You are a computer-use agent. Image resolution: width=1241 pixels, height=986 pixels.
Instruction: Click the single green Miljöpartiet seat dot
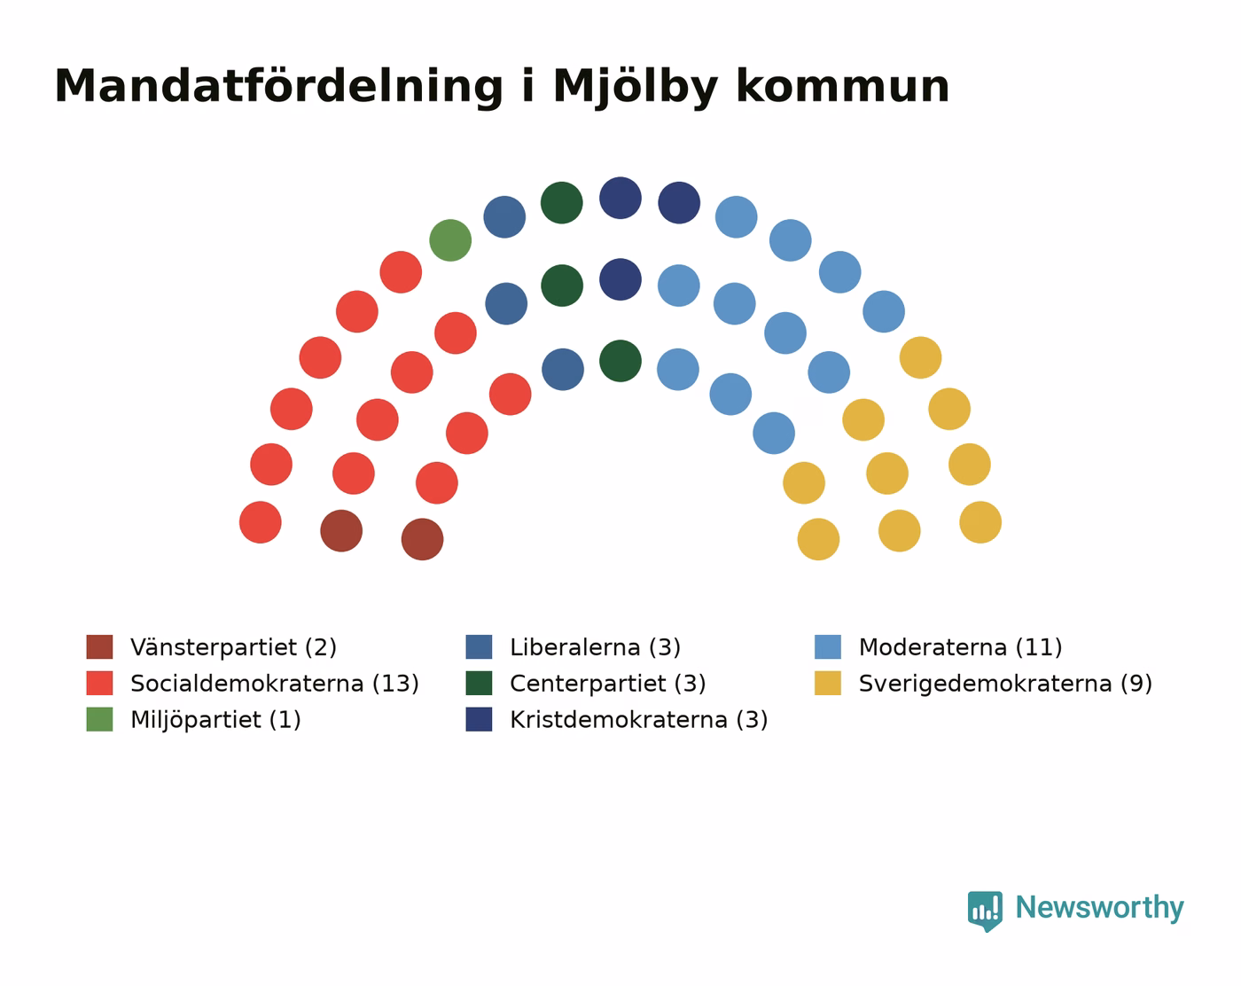click(449, 240)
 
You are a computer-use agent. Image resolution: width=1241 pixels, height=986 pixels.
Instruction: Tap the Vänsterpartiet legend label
click(233, 646)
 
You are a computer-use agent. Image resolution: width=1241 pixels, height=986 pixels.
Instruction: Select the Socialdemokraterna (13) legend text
click(275, 683)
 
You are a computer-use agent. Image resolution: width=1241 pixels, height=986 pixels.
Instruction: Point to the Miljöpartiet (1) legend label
click(215, 719)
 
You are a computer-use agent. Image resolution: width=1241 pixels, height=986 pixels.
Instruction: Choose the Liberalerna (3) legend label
click(595, 646)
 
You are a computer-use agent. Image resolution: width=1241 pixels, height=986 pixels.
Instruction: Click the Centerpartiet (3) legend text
click(608, 683)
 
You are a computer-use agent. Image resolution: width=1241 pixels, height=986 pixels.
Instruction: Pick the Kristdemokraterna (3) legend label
click(639, 719)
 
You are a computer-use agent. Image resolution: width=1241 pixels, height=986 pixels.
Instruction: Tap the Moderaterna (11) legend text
click(960, 646)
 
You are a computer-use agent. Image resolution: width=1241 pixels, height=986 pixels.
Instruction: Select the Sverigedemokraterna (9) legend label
click(1005, 683)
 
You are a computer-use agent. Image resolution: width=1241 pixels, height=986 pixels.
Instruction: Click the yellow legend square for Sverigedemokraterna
click(828, 683)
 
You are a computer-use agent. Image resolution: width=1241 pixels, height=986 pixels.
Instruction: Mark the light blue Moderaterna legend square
click(828, 646)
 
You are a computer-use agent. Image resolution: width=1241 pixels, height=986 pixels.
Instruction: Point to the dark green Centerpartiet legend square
click(479, 683)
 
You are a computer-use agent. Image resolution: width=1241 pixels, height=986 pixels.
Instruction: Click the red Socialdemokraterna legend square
click(99, 683)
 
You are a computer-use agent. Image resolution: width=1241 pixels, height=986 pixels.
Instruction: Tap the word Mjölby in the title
click(635, 88)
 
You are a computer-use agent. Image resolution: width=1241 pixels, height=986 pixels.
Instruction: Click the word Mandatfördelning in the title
click(278, 88)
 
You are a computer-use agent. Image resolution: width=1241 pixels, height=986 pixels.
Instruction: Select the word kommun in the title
click(842, 87)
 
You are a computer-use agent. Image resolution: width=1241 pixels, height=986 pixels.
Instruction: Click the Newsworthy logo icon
click(985, 912)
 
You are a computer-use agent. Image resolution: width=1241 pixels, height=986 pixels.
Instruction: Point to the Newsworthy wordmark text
click(1099, 909)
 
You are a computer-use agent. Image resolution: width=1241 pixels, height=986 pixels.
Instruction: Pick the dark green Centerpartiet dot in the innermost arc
click(620, 361)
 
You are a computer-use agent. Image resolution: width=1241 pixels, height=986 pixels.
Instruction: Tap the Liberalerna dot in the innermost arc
click(562, 369)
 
